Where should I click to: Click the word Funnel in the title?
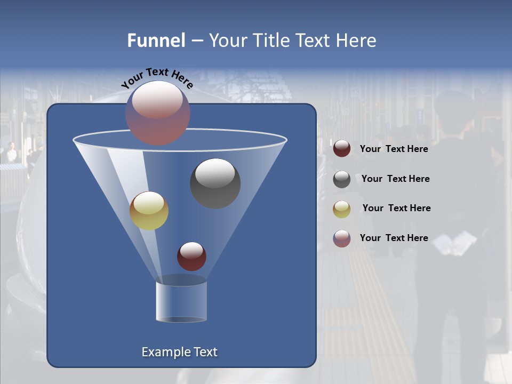(x=156, y=41)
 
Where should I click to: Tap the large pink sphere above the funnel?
(x=158, y=113)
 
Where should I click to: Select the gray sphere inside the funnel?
(x=215, y=183)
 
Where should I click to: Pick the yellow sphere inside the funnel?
(x=149, y=211)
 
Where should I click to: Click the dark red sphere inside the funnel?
(x=191, y=256)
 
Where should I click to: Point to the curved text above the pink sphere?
(x=157, y=78)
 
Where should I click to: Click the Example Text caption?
(x=179, y=352)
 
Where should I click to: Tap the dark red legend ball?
(x=342, y=149)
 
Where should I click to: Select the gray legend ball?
(x=342, y=179)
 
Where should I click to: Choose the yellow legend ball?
(x=342, y=209)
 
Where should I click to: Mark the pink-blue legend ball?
(x=342, y=238)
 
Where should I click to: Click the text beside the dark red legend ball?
(x=394, y=149)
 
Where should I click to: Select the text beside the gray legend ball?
(x=395, y=179)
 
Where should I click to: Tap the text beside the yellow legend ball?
(x=396, y=208)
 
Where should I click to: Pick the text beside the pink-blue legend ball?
(x=394, y=238)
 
